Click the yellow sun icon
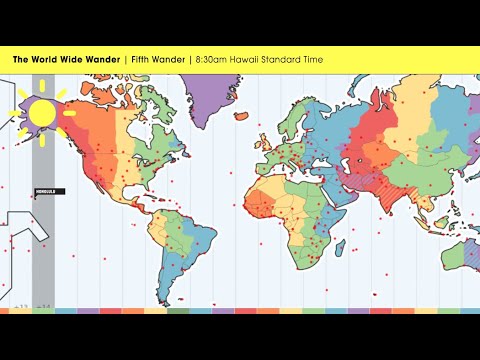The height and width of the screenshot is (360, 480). (42, 113)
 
